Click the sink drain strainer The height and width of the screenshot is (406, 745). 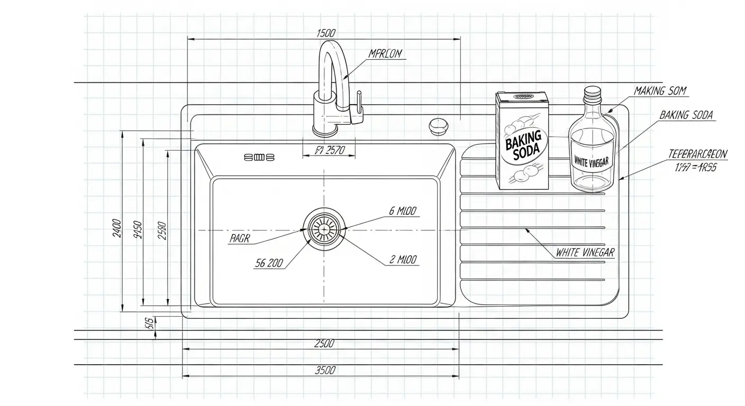pos(323,229)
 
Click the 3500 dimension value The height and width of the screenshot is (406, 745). pos(325,370)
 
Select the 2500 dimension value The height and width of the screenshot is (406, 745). pos(324,343)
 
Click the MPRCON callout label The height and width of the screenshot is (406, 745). pos(385,53)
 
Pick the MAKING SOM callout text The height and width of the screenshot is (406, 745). pos(660,91)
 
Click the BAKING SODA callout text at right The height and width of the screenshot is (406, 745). pos(687,115)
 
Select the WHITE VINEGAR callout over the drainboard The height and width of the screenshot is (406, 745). pos(585,253)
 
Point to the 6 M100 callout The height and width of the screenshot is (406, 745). pos(403,211)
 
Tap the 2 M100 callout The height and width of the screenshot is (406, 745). pos(403,260)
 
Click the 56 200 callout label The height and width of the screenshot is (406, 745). pos(268,263)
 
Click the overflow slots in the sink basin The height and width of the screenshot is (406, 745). pos(259,157)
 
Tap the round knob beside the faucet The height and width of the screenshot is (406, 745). pos(438,125)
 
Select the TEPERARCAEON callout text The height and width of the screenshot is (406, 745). pos(698,154)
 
